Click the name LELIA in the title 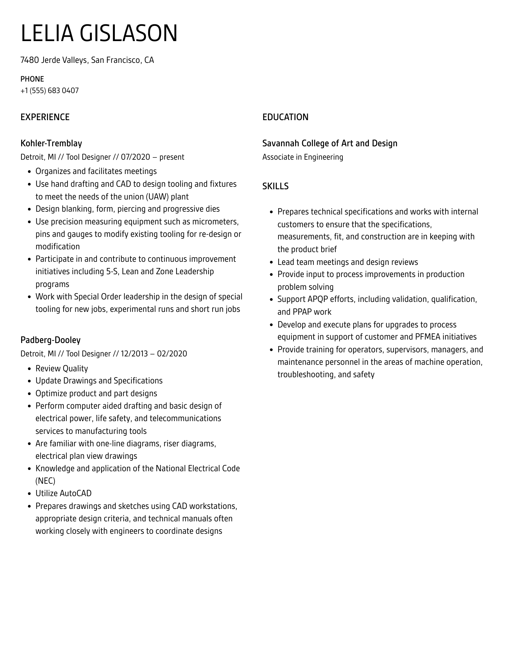[47, 33]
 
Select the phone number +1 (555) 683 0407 [49, 91]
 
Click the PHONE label [32, 79]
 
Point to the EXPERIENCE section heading [45, 117]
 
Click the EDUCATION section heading [285, 117]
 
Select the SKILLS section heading [275, 186]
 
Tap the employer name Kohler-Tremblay [51, 143]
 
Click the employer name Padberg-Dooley [50, 340]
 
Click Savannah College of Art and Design [330, 143]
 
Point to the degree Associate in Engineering [303, 157]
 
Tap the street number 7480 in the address [30, 60]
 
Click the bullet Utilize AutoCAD [63, 493]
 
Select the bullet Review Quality [62, 369]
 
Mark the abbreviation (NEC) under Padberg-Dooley [45, 481]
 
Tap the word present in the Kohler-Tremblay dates [172, 157]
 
